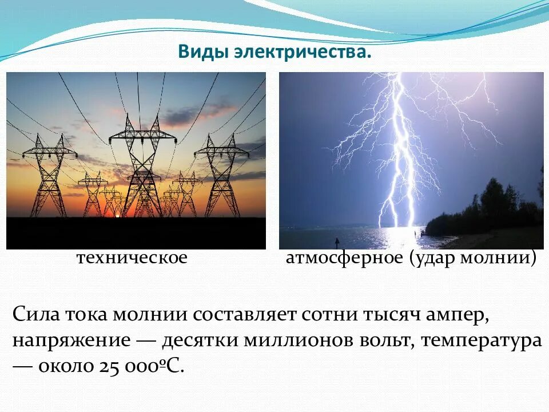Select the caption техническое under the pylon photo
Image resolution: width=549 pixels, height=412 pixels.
pos(132,258)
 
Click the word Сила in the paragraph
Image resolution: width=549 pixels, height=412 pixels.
pos(32,315)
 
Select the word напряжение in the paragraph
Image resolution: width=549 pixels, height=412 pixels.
pos(71,341)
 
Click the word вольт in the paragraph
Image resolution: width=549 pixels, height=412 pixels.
pos(386,341)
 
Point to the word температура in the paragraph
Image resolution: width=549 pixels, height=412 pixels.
pos(482,341)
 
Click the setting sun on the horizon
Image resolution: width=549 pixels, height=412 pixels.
pos(118,215)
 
